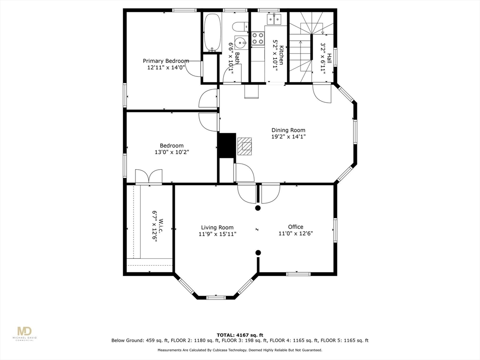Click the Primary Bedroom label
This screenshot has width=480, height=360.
(166, 61)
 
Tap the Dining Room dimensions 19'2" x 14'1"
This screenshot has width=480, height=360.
(288, 137)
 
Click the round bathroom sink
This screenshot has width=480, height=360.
(241, 43)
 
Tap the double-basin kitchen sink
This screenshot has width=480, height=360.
(274, 19)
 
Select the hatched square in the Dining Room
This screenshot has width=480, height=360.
(244, 146)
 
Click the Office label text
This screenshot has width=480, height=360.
(295, 227)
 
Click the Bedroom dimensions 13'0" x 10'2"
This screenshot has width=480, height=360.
(172, 152)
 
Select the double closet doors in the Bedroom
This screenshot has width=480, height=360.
(149, 177)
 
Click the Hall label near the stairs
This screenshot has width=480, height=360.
(330, 58)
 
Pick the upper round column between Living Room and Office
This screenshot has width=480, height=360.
(257, 208)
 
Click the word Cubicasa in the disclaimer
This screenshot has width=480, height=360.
(223, 350)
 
